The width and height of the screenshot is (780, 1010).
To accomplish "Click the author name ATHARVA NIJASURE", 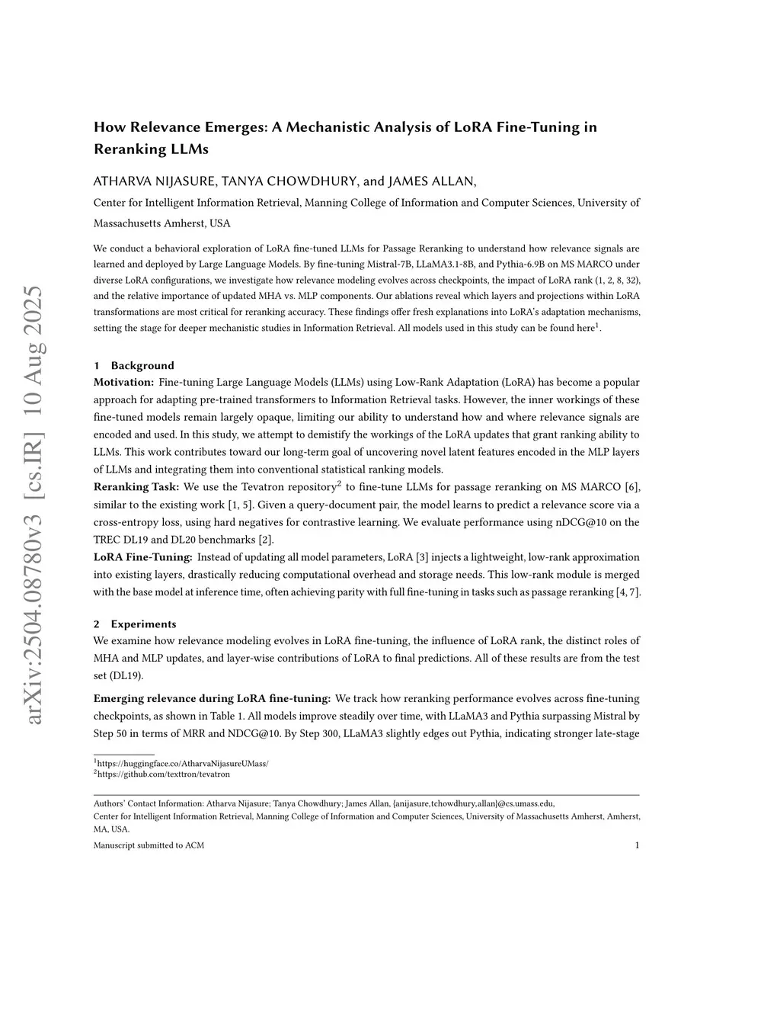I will point(153,181).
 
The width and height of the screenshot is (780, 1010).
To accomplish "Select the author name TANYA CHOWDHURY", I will point(289,181).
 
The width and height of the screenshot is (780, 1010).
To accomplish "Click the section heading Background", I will point(142,365).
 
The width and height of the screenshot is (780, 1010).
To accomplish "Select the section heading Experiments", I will point(143,624).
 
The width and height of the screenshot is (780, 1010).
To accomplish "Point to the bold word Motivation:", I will point(123,382).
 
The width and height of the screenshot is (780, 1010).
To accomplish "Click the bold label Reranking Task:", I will point(136,487).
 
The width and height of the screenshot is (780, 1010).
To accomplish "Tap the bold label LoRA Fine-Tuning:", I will point(142,557).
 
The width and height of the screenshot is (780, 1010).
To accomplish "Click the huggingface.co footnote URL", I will point(183,763).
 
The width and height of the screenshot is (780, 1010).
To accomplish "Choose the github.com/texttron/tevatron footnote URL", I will point(163,774).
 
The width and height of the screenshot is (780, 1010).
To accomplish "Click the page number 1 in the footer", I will point(636,845).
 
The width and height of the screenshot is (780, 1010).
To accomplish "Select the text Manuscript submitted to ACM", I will point(149,845).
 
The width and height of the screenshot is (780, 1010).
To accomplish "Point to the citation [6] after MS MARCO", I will point(631,487).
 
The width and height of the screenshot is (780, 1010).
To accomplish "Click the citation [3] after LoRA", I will point(422,557).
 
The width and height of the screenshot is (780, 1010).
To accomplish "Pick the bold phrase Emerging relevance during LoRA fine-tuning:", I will point(212,698).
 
